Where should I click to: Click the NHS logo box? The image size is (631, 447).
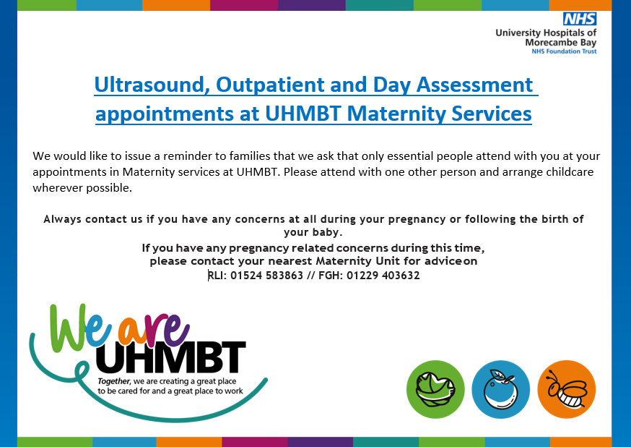point(580,20)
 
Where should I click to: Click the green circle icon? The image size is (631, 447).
point(435,389)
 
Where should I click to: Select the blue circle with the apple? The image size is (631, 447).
point(501,389)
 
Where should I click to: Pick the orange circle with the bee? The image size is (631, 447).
point(567,389)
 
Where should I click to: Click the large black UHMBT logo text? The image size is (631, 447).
point(170,357)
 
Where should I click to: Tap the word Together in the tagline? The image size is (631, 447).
point(114,381)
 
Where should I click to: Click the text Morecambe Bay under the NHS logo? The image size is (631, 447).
point(561,42)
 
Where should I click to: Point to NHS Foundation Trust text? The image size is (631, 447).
point(564,51)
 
